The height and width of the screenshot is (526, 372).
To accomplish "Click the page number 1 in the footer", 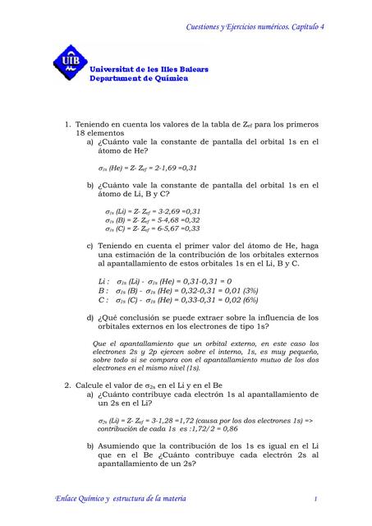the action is [x=315, y=499].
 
